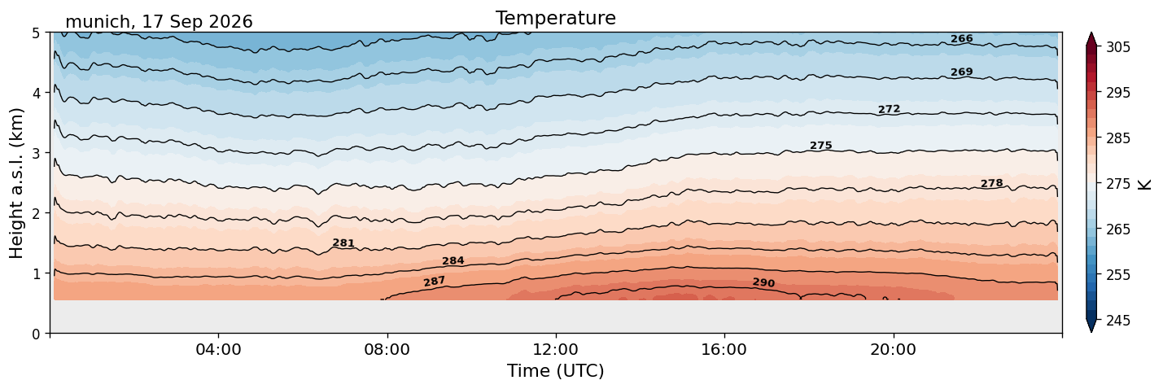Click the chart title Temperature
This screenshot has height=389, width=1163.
tap(556, 18)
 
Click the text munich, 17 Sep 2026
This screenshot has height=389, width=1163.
tap(159, 22)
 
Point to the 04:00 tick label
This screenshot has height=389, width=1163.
tap(219, 349)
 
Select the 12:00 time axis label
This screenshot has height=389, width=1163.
tap(556, 349)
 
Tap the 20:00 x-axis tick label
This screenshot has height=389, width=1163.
tap(893, 349)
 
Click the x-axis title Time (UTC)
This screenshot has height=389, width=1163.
tap(556, 371)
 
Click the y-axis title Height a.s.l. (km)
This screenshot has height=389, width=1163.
tap(16, 183)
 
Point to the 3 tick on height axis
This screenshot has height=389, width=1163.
tap(36, 153)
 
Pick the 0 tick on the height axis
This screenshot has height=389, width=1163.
tap(36, 334)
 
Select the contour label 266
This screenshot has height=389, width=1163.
tap(961, 39)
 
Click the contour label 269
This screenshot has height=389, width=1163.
tap(961, 72)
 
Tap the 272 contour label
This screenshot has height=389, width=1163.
tap(889, 109)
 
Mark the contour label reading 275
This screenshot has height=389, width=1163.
tap(821, 146)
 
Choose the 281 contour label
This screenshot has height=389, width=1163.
tap(343, 243)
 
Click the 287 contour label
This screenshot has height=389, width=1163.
tap(435, 282)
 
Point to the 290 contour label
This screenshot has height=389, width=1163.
tap(763, 282)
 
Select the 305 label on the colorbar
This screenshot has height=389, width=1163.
tap(1117, 47)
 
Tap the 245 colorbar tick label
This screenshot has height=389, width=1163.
tap(1117, 321)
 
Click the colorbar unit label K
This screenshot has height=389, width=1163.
tap(1143, 185)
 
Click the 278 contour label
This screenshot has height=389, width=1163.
tap(991, 183)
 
